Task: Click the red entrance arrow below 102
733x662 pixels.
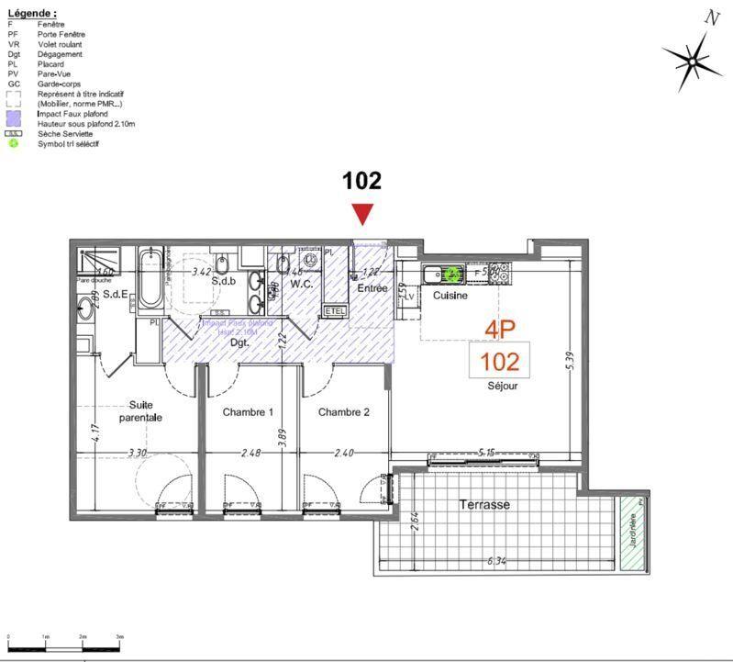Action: pos(363,213)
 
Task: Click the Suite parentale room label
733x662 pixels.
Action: pos(140,410)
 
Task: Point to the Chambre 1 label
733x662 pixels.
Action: pos(248,412)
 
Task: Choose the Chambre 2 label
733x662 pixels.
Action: pos(343,412)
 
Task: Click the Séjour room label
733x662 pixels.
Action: pos(502,386)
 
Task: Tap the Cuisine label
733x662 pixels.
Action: pos(450,296)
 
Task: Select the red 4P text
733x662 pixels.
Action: pos(501,329)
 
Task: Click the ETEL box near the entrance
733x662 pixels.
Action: pos(335,312)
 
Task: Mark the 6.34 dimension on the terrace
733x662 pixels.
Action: pos(497,561)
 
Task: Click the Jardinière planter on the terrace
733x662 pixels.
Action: pos(631,533)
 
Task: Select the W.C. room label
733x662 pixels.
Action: pos(302,285)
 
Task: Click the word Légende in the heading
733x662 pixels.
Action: pos(30,14)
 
